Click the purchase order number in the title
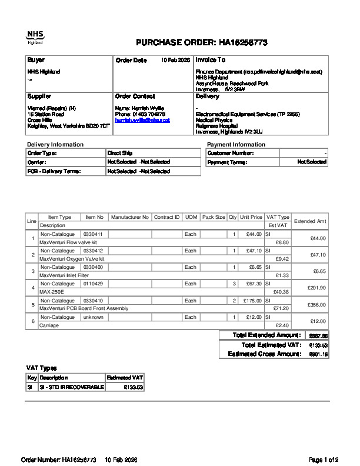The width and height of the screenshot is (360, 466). tap(244, 43)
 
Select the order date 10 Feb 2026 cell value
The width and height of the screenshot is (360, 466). tap(175, 60)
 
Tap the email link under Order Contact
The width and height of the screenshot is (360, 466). tap(142, 119)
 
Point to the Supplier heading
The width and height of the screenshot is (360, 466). tap(39, 96)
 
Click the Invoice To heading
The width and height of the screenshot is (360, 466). tap(210, 60)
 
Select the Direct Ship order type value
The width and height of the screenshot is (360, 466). tap(119, 153)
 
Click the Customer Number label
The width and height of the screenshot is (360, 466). tap(231, 153)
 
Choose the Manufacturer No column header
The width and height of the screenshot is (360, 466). tap(129, 217)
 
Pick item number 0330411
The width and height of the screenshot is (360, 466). tap(93, 234)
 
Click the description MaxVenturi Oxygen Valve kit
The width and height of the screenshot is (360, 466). tap(72, 258)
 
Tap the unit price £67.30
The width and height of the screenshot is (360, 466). tap(251, 284)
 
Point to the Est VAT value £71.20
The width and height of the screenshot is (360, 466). tap(281, 308)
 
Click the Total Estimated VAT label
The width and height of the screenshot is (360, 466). tap(271, 345)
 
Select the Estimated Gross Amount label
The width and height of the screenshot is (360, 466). tap(264, 354)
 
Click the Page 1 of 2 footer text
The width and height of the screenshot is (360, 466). tap(324, 459)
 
